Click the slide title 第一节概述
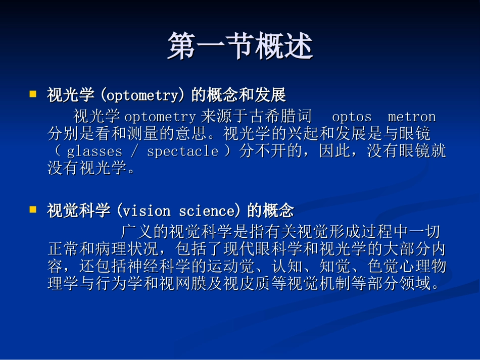click(240, 46)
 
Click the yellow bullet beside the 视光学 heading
click(33, 94)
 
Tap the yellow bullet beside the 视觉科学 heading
click(33, 209)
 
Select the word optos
click(352, 117)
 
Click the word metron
click(412, 117)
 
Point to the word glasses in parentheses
click(95, 151)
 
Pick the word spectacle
click(182, 151)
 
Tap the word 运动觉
click(230, 266)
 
